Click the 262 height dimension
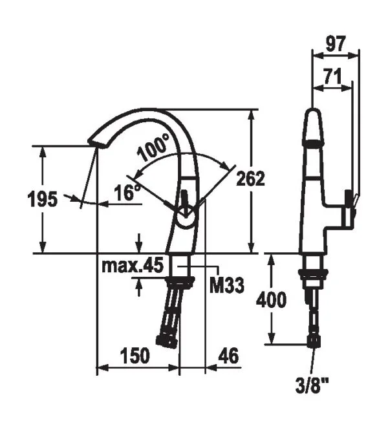coord(250,179)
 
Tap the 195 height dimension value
coord(43,199)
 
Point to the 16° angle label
coord(127,192)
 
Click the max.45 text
coord(133,265)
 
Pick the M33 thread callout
coord(227,285)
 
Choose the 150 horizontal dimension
coord(135,355)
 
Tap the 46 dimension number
coord(228,355)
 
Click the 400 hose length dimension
coord(271,299)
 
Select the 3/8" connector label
coord(312,385)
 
